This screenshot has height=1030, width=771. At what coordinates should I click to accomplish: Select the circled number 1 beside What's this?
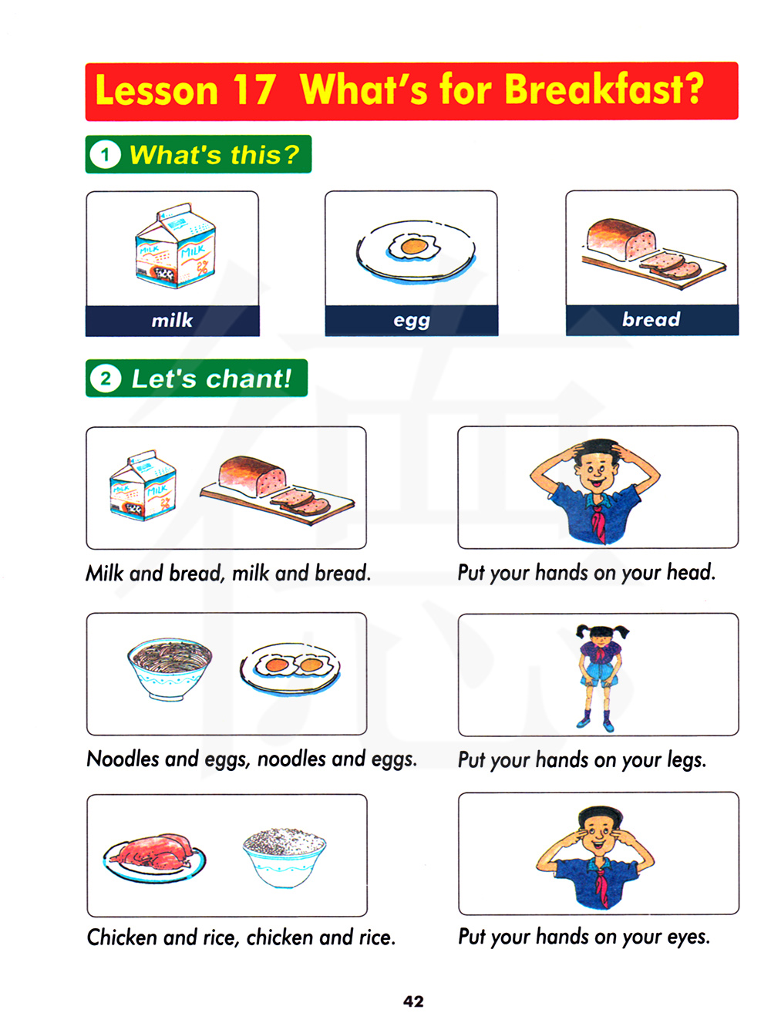(x=105, y=154)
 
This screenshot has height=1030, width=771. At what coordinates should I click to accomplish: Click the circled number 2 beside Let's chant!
(x=106, y=379)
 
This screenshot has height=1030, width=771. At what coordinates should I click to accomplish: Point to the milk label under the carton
(x=172, y=321)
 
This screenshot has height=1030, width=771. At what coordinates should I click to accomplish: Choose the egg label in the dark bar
(x=411, y=321)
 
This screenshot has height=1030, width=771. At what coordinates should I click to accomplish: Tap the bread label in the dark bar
(x=651, y=319)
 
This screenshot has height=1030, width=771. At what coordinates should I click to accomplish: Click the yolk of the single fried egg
(x=414, y=247)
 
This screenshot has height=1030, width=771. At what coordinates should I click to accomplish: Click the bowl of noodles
(x=170, y=668)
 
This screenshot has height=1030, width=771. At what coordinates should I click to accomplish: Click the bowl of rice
(x=284, y=857)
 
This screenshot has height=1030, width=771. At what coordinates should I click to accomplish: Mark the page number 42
(x=413, y=1001)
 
